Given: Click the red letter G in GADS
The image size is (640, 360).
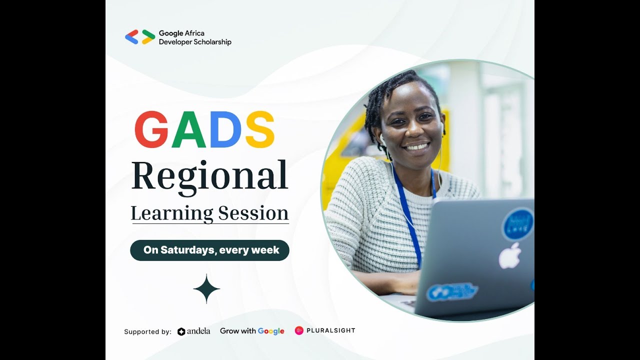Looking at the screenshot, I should (151, 129).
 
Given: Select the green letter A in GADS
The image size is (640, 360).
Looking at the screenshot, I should (189, 129).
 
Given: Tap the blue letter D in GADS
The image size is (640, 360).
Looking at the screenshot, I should (225, 129).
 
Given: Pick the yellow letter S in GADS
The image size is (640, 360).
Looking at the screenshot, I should (259, 129).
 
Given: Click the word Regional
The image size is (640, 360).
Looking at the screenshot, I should (209, 176).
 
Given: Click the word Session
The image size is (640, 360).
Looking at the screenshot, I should (253, 213).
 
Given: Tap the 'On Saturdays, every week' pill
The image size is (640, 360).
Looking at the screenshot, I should (209, 250).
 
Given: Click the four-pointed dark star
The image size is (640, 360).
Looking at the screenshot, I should (206, 289).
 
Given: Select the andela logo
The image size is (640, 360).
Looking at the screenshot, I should (193, 331).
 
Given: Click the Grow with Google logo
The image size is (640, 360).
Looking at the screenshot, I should (252, 331).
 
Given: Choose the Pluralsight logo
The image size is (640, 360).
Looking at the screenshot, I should (324, 330).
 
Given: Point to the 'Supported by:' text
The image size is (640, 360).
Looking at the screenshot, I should (147, 331).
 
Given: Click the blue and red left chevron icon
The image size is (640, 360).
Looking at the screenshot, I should (131, 37).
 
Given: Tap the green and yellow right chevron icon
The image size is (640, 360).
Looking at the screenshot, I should (148, 37).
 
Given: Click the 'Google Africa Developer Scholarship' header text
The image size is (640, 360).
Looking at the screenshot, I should (195, 37).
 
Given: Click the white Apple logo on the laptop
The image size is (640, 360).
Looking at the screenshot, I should (509, 255).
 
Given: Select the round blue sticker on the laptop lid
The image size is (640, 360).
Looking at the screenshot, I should (517, 224).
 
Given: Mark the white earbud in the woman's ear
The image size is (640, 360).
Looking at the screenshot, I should (381, 136).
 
